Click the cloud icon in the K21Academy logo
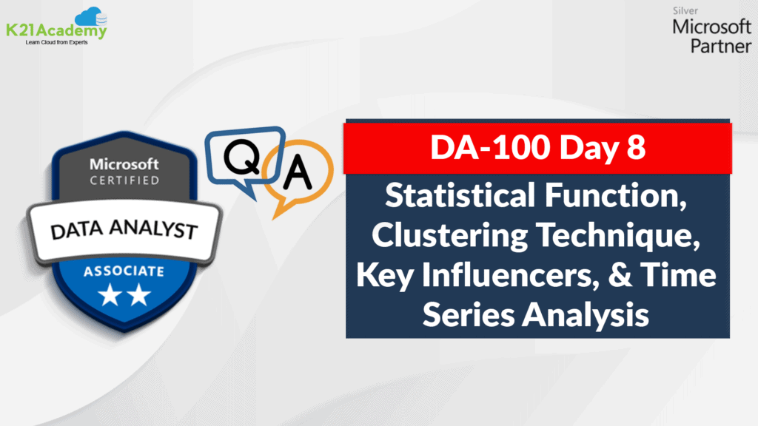pyautogui.click(x=91, y=16)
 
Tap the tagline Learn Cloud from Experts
pyautogui.click(x=56, y=42)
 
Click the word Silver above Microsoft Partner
pyautogui.click(x=685, y=10)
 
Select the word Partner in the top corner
pyautogui.click(x=721, y=47)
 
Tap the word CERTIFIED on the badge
pyautogui.click(x=124, y=180)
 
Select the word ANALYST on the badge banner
pyautogui.click(x=154, y=229)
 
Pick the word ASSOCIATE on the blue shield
pyautogui.click(x=124, y=271)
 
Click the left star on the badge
pyautogui.click(x=110, y=294)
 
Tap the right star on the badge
pyautogui.click(x=139, y=294)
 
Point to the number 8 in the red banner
pyautogui.click(x=636, y=148)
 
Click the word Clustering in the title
pyautogui.click(x=449, y=236)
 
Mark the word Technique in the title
pyautogui.click(x=618, y=236)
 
